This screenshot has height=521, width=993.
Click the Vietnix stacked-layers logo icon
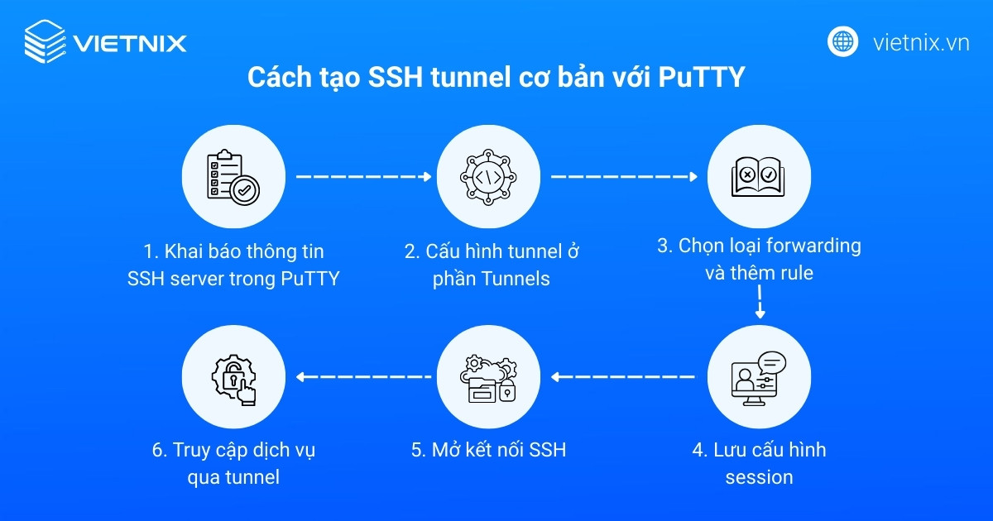coord(45,41)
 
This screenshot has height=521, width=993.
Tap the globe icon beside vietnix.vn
coord(843,41)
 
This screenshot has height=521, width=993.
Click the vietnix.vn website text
coord(921,42)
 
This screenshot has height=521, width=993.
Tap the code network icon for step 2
coord(488,177)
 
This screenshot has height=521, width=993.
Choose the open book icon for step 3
coord(758,177)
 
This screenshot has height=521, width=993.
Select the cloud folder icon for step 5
coord(488,379)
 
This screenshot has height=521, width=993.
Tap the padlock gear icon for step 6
coord(233,379)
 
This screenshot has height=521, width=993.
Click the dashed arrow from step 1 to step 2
coord(364,176)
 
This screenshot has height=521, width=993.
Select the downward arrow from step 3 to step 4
coord(760,306)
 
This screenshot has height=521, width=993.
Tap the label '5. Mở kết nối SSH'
coord(488,451)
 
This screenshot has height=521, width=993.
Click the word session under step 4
coord(759,477)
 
